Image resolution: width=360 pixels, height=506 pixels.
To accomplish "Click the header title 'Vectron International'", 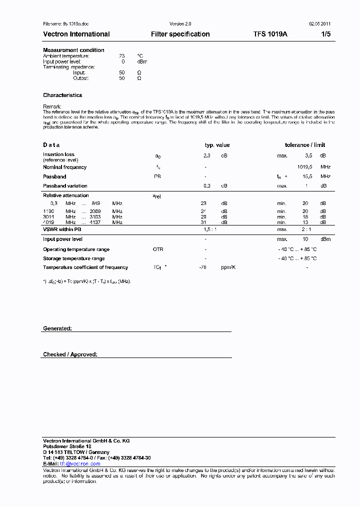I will tap(76, 34).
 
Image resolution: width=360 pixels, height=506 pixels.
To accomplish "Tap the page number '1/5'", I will tap(325, 34).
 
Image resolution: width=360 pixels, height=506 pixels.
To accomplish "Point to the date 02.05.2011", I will tap(319, 23).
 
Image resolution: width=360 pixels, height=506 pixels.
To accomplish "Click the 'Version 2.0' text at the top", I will tap(180, 23).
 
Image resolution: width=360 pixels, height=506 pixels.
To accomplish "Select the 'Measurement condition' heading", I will tap(73, 50).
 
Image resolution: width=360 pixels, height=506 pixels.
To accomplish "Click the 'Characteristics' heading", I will tap(62, 95).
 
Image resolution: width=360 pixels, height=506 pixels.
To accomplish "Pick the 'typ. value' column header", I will tap(217, 145).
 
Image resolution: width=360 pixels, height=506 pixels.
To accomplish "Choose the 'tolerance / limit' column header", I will tap(305, 145).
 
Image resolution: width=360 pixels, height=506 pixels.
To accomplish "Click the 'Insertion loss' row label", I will tap(58, 154).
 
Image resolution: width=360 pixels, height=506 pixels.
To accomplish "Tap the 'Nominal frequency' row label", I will tap(64, 167).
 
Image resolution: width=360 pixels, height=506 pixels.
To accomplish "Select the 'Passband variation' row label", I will tap(65, 185).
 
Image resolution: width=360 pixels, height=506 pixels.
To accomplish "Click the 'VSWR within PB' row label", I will tap(62, 229).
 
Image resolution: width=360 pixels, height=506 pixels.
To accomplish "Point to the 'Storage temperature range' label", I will tap(73, 258).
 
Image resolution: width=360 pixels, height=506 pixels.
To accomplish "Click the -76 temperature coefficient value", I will tap(203, 267).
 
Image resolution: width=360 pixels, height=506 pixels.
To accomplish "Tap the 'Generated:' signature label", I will tap(57, 328).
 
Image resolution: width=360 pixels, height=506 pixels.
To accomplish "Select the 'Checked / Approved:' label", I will tap(70, 354).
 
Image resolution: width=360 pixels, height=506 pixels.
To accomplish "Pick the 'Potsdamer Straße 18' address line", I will tap(67, 446).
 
